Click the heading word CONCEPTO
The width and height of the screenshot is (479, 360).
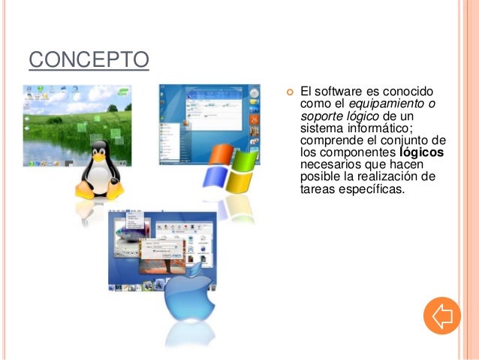tap(89, 59)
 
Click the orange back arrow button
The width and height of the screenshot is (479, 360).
tap(441, 316)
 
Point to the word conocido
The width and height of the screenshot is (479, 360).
tap(411, 91)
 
